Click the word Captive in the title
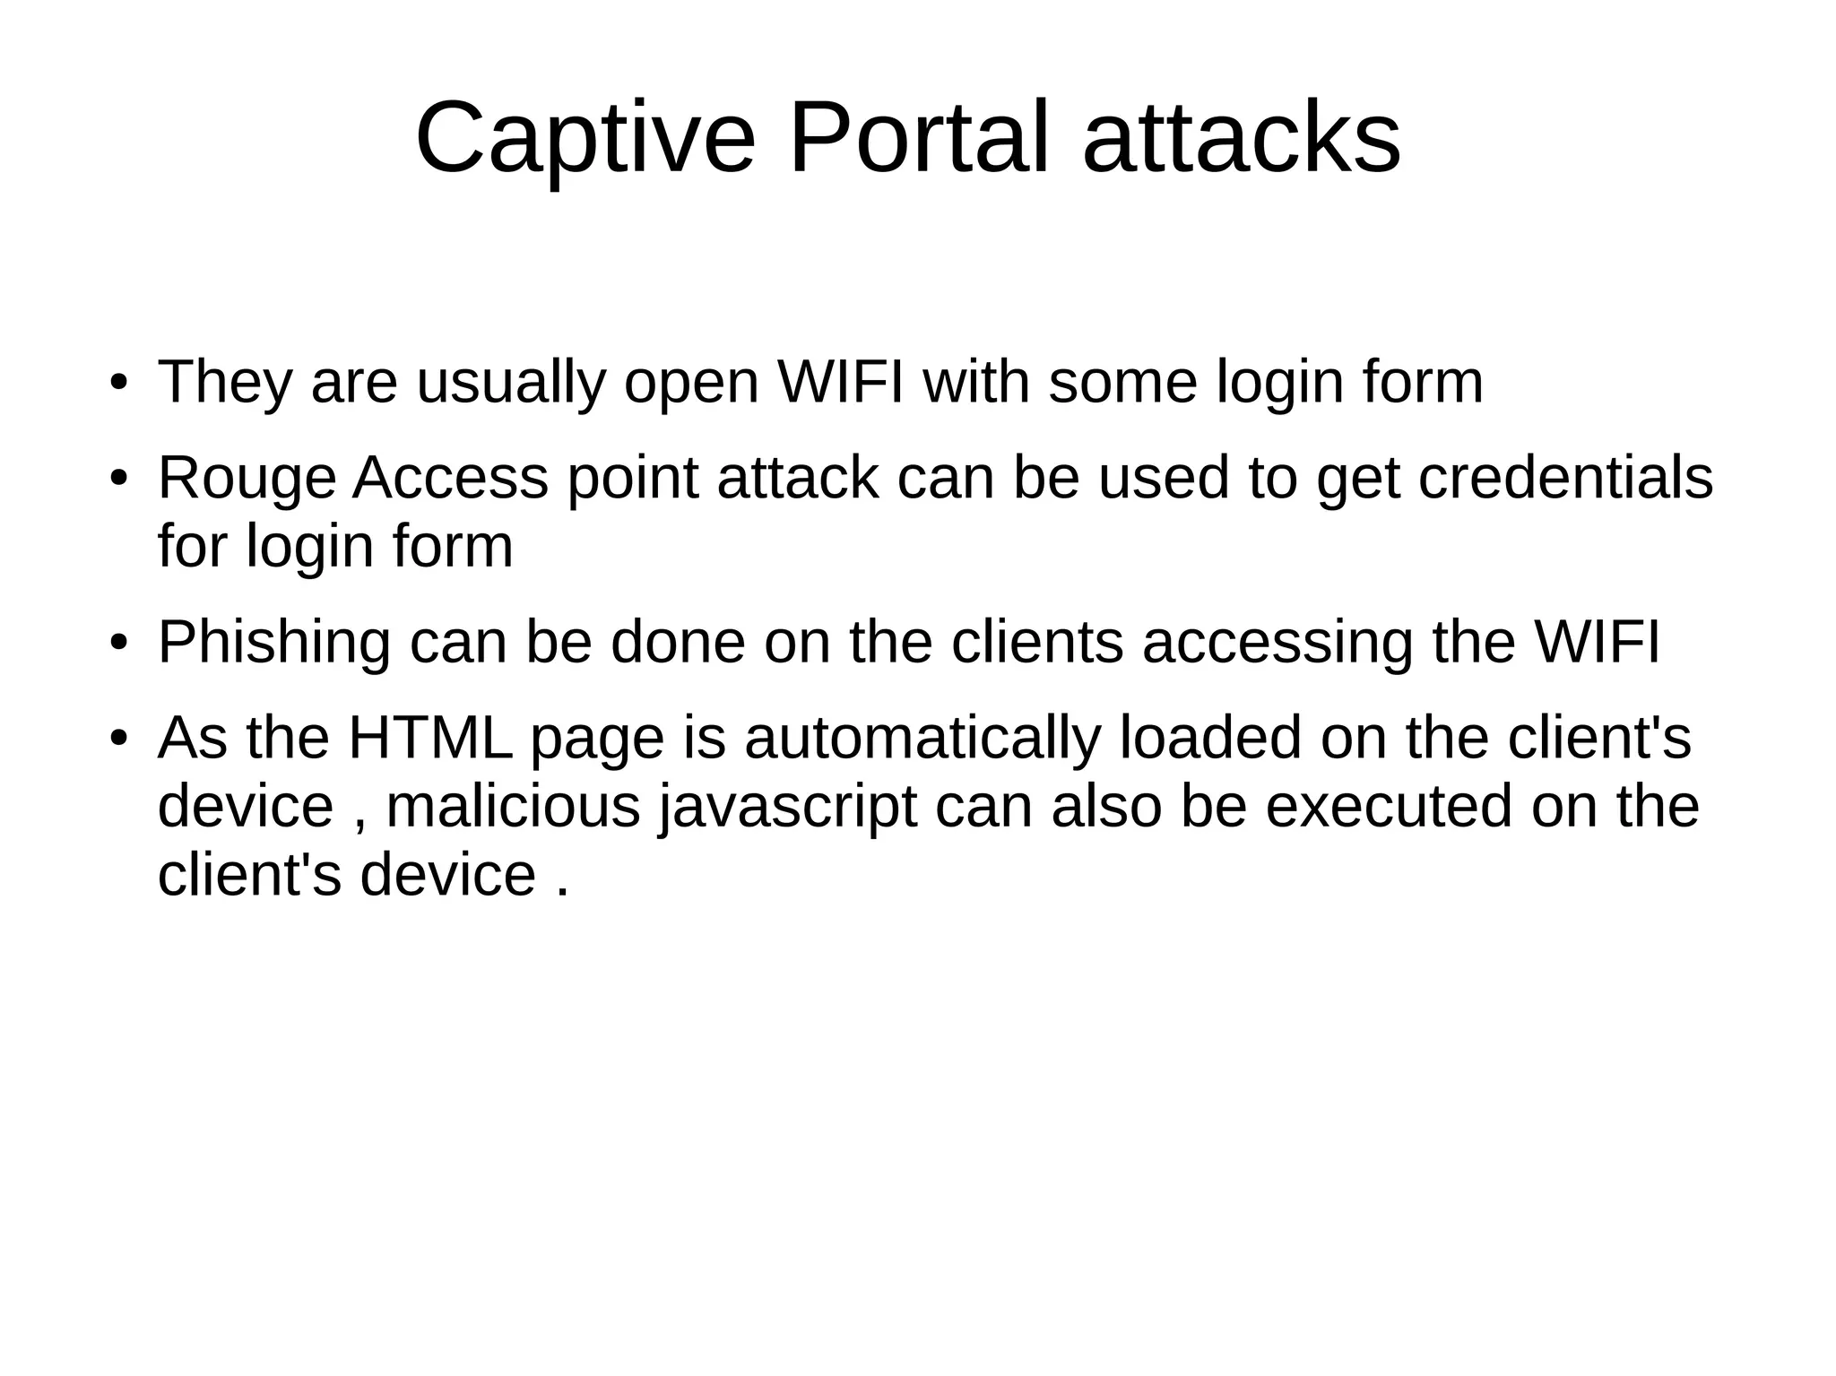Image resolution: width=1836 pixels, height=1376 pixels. (585, 139)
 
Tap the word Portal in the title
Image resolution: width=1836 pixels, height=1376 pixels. (918, 139)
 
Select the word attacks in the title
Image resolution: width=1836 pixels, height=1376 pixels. (1242, 139)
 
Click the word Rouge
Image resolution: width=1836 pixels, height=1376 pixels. (247, 480)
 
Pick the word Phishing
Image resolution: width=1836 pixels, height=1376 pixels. (274, 645)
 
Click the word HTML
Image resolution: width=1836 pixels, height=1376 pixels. (430, 739)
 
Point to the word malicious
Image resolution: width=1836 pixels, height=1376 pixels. (513, 806)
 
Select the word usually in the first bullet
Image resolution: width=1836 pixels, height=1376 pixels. (510, 385)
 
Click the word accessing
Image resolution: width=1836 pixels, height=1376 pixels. (1277, 645)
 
